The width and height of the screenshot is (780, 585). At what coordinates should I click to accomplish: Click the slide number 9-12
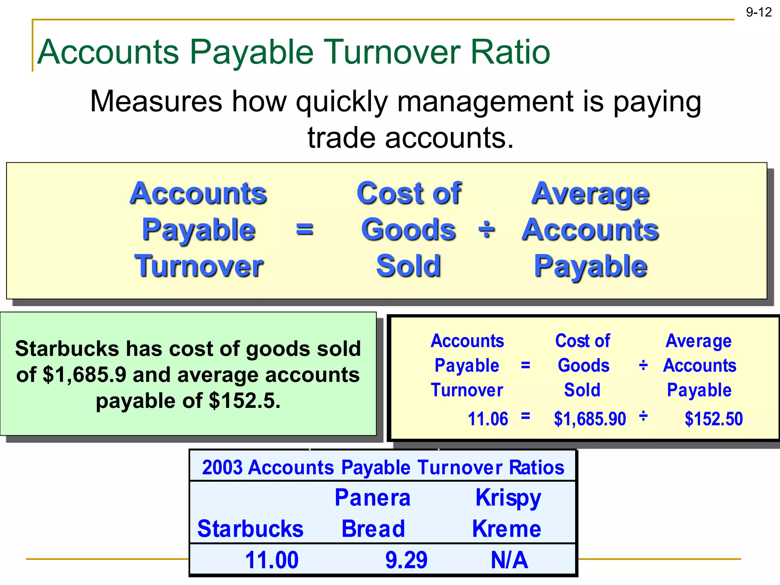coord(758,12)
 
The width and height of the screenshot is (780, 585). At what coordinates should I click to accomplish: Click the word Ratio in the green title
coord(510,52)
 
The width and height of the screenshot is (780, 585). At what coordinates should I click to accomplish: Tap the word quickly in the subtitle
coord(342,102)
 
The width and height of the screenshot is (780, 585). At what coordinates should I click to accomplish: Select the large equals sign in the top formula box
coord(304,229)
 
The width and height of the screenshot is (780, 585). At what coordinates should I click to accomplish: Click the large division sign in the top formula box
coord(486,229)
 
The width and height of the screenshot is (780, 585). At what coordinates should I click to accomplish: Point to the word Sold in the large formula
coord(408,265)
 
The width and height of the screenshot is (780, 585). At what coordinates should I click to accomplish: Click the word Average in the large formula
coord(590,193)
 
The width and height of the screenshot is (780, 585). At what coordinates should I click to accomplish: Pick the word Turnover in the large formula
coord(198,265)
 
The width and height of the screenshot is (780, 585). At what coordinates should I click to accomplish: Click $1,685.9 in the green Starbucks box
coord(84,375)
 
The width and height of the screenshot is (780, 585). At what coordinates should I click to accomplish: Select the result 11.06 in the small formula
coord(487,419)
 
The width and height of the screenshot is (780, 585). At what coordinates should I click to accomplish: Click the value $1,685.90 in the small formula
coord(590,419)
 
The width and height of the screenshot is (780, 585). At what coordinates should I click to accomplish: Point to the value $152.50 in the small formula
coord(713,419)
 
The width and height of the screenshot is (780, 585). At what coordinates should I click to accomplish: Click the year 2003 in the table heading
coord(222,467)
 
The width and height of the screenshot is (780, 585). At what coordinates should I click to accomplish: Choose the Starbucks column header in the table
coord(250,529)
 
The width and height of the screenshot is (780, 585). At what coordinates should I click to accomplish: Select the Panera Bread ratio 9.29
coord(406,560)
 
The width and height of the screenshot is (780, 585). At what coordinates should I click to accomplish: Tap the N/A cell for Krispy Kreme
coord(509,560)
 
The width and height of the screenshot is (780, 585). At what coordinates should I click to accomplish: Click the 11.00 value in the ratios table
coord(272,560)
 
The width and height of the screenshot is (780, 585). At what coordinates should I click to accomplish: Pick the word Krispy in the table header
coord(508,497)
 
